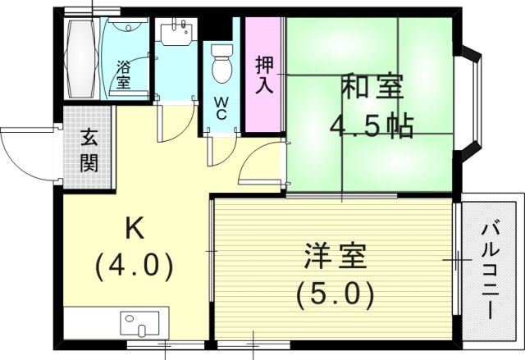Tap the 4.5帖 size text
(x=371, y=126)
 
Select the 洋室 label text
(x=331, y=256)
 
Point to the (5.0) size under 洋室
(x=331, y=292)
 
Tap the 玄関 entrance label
(x=89, y=151)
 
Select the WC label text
(x=221, y=109)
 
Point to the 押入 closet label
(x=263, y=75)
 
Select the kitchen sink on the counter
(x=143, y=322)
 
